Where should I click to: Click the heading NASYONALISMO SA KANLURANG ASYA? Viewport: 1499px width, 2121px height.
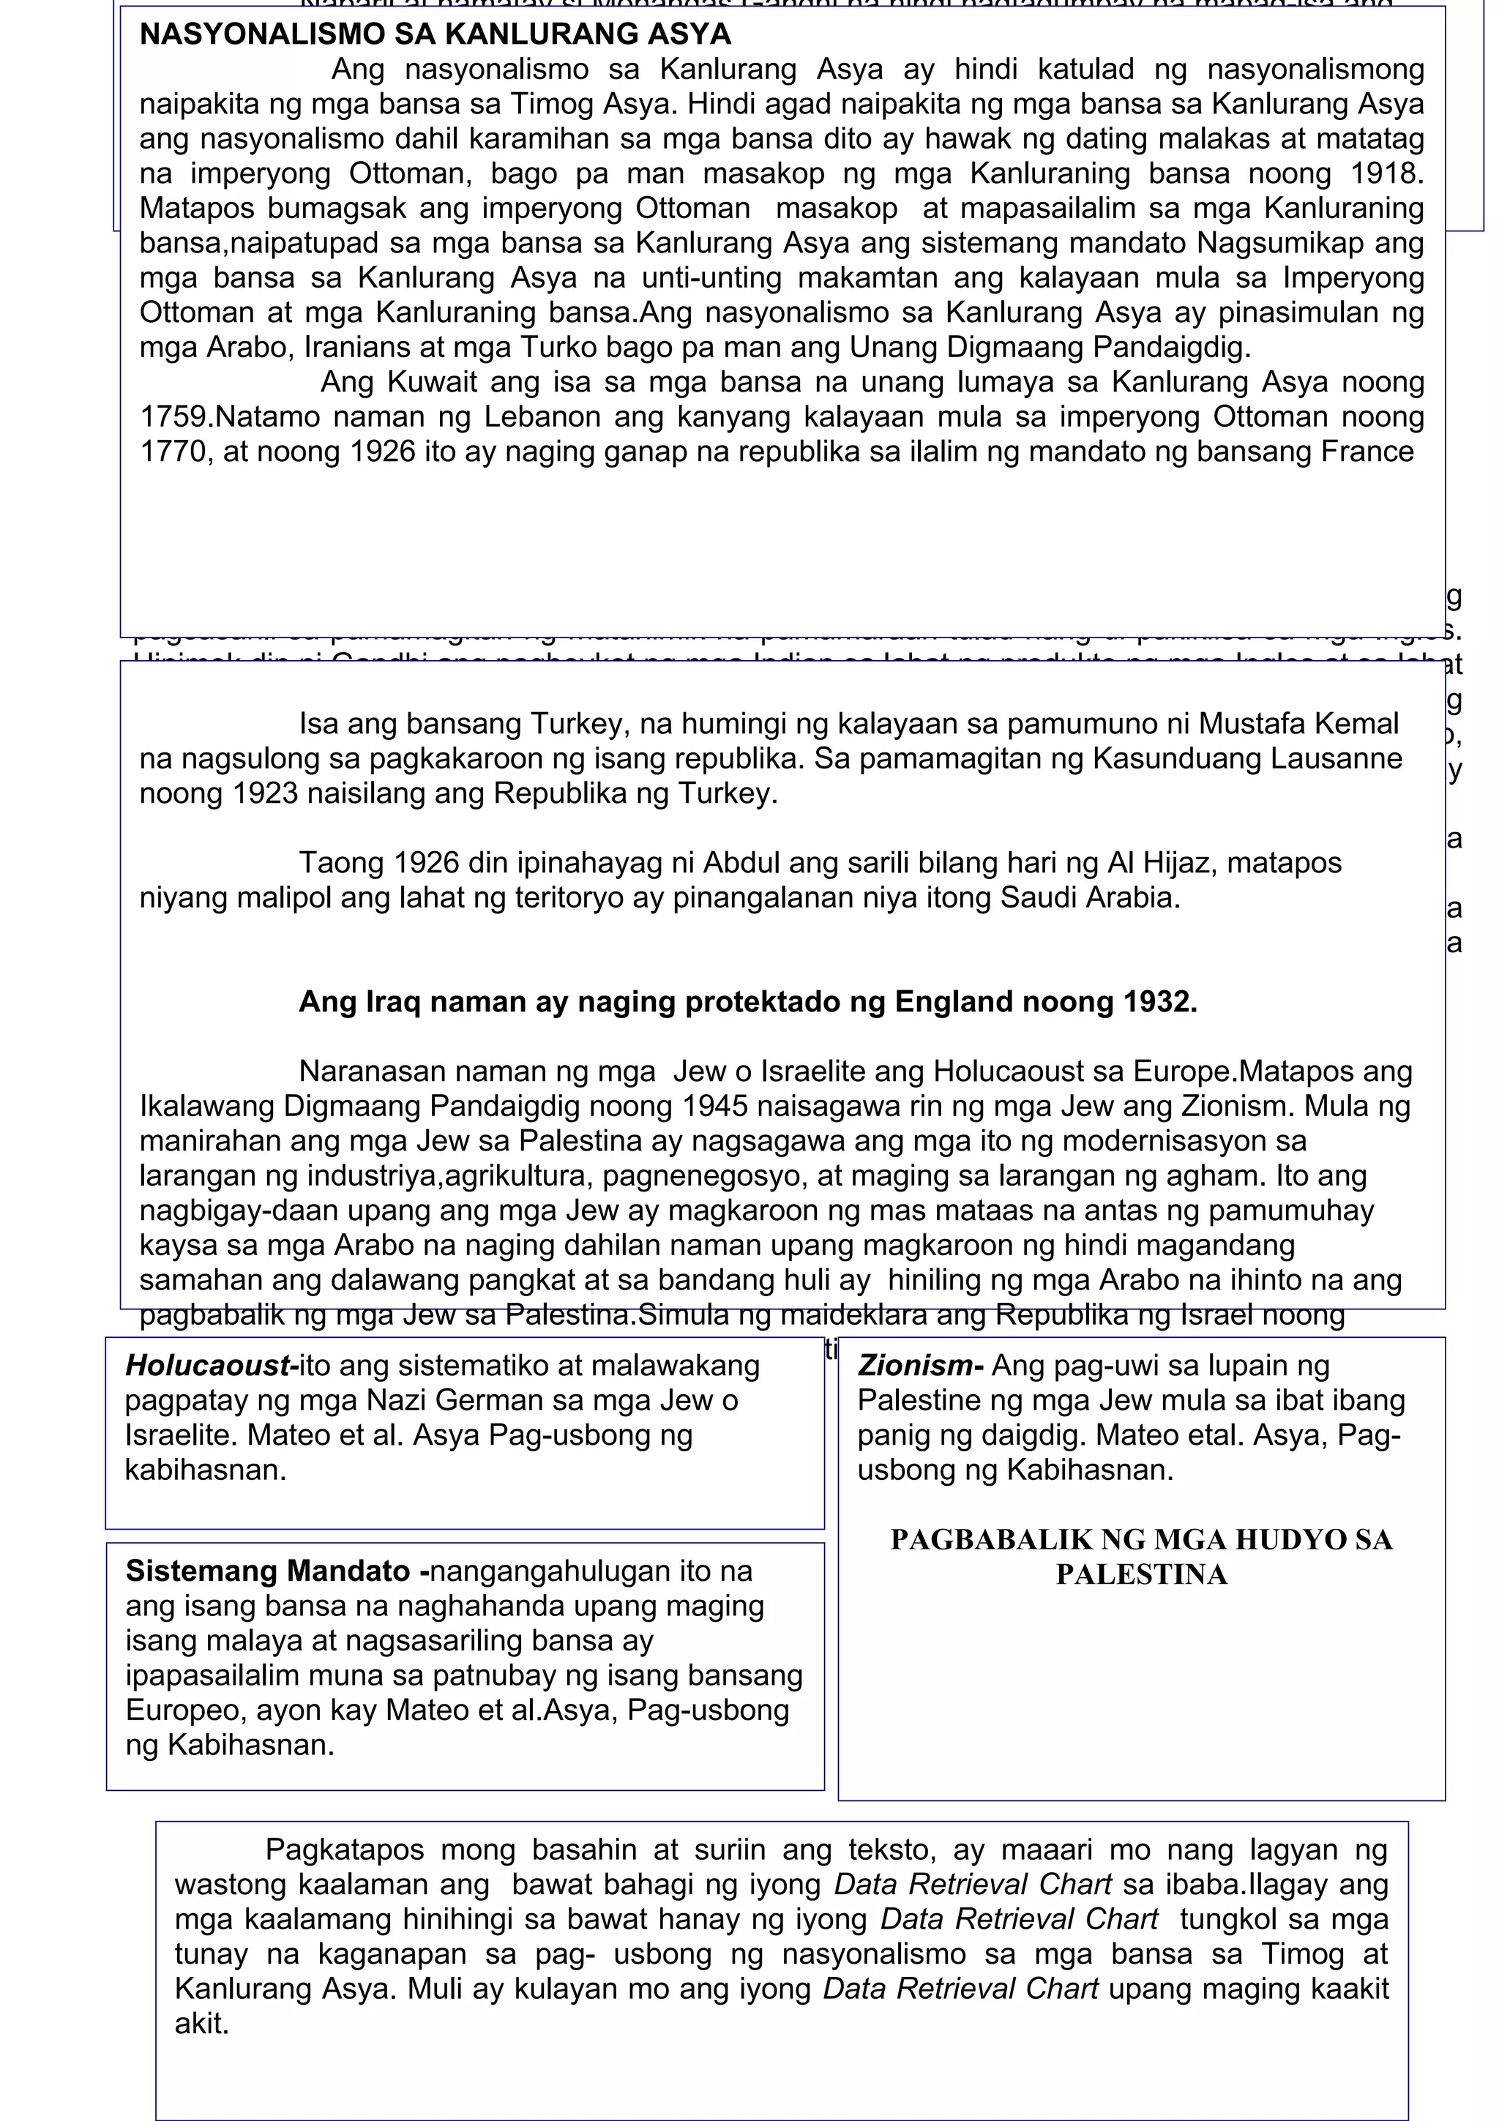435,34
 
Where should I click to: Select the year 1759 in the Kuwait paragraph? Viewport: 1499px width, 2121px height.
176,416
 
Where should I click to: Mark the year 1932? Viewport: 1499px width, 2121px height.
1158,1002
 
